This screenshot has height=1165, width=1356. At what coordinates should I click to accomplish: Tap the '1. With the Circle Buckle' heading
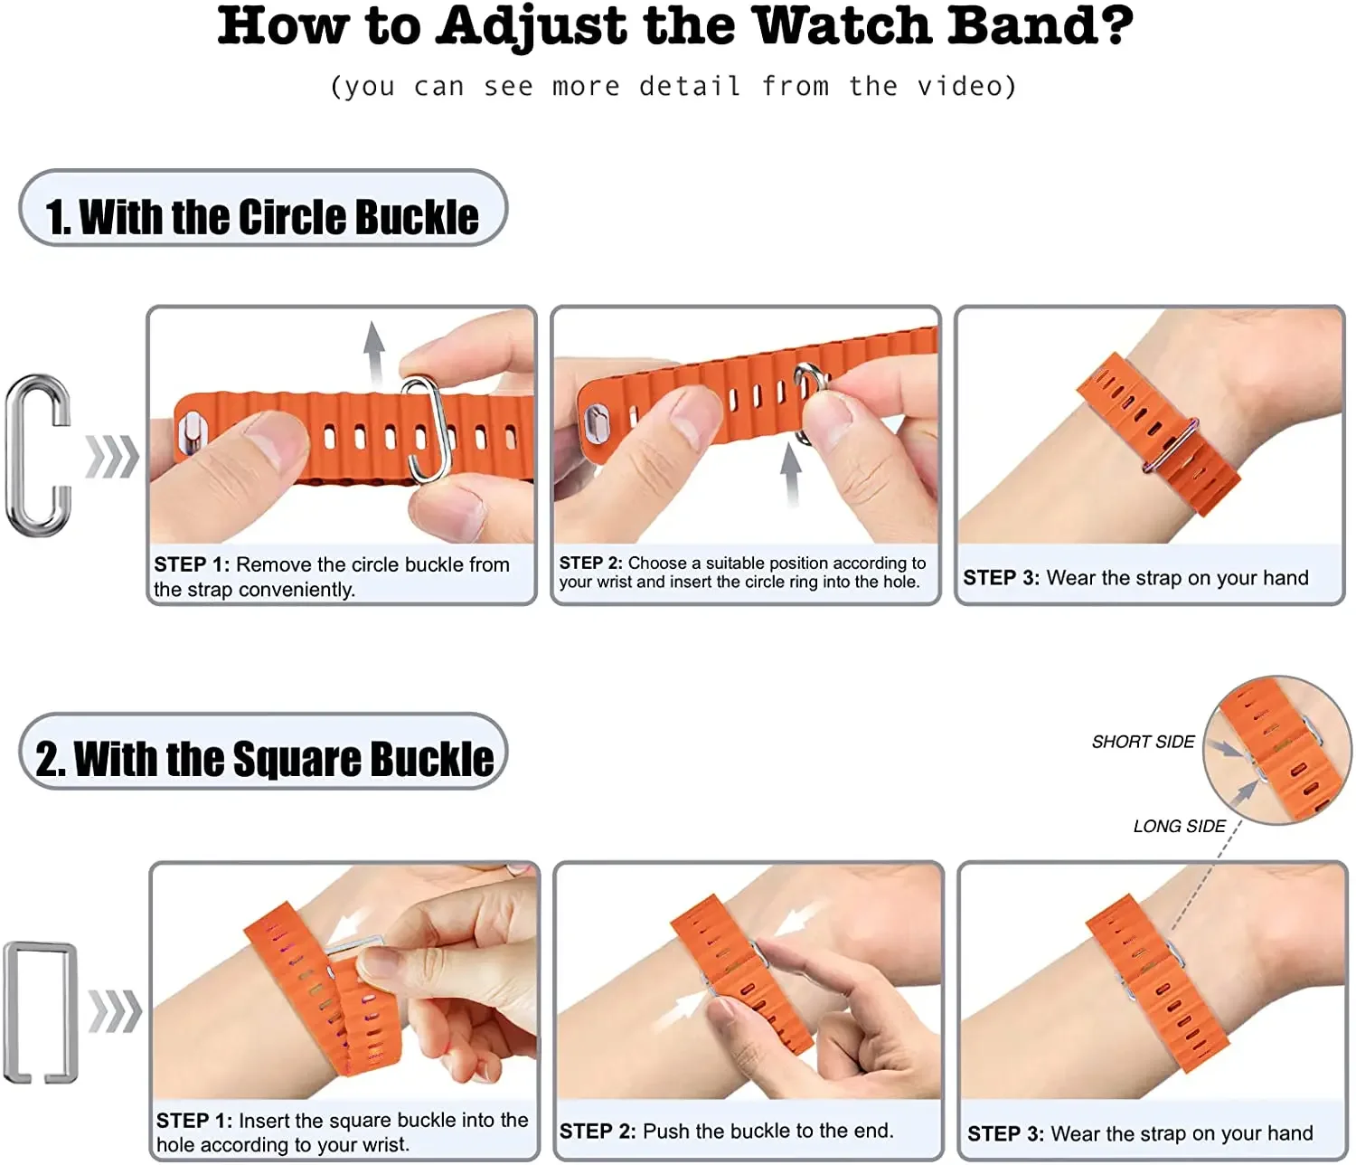click(x=262, y=217)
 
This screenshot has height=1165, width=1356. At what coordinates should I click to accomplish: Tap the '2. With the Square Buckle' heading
click(x=264, y=758)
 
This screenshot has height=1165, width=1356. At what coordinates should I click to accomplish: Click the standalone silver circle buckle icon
click(x=39, y=455)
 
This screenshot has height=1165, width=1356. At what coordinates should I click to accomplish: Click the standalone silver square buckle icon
click(x=42, y=1011)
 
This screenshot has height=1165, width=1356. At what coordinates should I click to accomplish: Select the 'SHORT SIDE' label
click(x=1143, y=742)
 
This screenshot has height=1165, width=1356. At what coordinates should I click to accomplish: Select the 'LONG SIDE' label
click(x=1179, y=826)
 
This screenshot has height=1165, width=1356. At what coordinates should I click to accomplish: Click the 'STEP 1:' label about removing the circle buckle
click(x=192, y=564)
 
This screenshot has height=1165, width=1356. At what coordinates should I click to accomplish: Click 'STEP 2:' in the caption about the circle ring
click(x=590, y=563)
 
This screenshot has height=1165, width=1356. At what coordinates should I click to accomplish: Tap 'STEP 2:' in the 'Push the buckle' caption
click(x=598, y=1131)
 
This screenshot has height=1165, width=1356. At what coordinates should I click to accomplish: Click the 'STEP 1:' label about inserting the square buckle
click(x=193, y=1121)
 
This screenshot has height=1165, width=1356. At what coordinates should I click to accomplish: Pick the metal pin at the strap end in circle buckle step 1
click(x=192, y=431)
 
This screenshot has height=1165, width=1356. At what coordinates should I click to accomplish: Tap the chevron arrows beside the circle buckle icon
click(x=112, y=456)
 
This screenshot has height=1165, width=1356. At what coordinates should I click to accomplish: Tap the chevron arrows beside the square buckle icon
click(x=115, y=1011)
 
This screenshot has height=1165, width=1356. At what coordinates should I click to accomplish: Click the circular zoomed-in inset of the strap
click(x=1276, y=750)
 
